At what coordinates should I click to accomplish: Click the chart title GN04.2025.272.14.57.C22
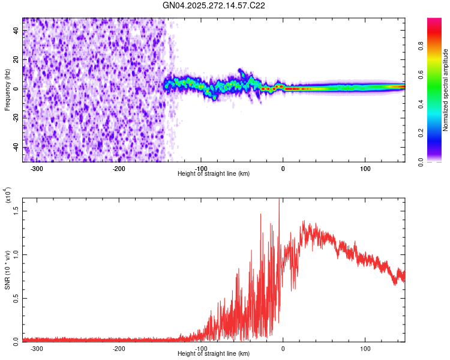point(214,5)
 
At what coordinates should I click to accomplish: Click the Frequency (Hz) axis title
point(7,89)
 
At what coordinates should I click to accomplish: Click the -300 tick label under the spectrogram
point(37,169)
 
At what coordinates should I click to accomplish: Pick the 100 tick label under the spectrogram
point(365,169)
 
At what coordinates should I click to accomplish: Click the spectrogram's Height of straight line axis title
point(214,174)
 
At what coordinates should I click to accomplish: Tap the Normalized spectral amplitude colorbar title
point(445,90)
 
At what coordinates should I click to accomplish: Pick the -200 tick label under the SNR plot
point(119,348)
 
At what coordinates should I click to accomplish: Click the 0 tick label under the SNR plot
point(283,348)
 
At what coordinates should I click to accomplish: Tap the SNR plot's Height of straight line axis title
point(214,353)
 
